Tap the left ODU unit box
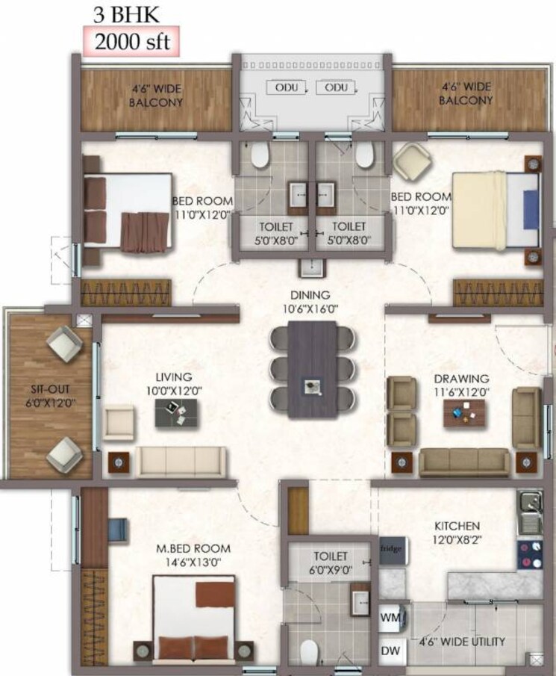coord(286,88)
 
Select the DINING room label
coord(311,296)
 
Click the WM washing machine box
coord(390,618)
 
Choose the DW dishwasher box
coord(390,651)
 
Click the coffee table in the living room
coord(177,412)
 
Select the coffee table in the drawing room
coord(464,412)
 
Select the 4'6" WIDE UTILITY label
coord(462,641)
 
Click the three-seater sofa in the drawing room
coord(463,462)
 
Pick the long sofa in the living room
coord(180,460)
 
